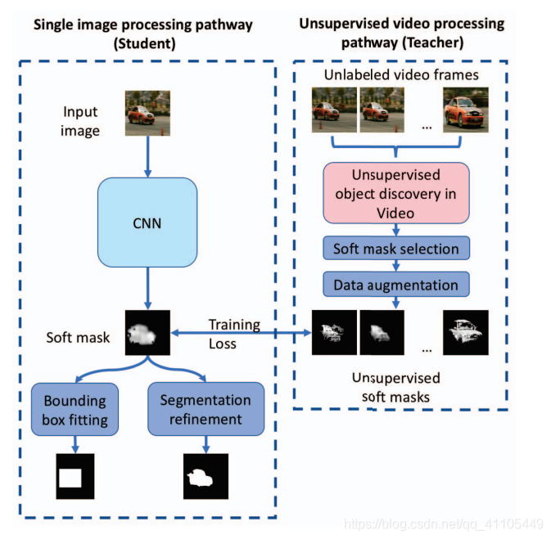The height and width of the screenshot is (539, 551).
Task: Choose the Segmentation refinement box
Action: (205, 410)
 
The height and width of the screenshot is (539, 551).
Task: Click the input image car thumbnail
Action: (147, 113)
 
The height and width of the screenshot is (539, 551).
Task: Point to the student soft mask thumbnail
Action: (147, 332)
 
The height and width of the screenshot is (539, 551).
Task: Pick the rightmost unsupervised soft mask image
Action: (465, 332)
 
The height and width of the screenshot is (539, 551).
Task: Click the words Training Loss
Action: (234, 334)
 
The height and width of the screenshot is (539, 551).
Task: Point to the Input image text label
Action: (81, 120)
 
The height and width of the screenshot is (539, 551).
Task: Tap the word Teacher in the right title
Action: (427, 43)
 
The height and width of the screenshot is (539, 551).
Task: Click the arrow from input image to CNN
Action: (147, 155)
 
